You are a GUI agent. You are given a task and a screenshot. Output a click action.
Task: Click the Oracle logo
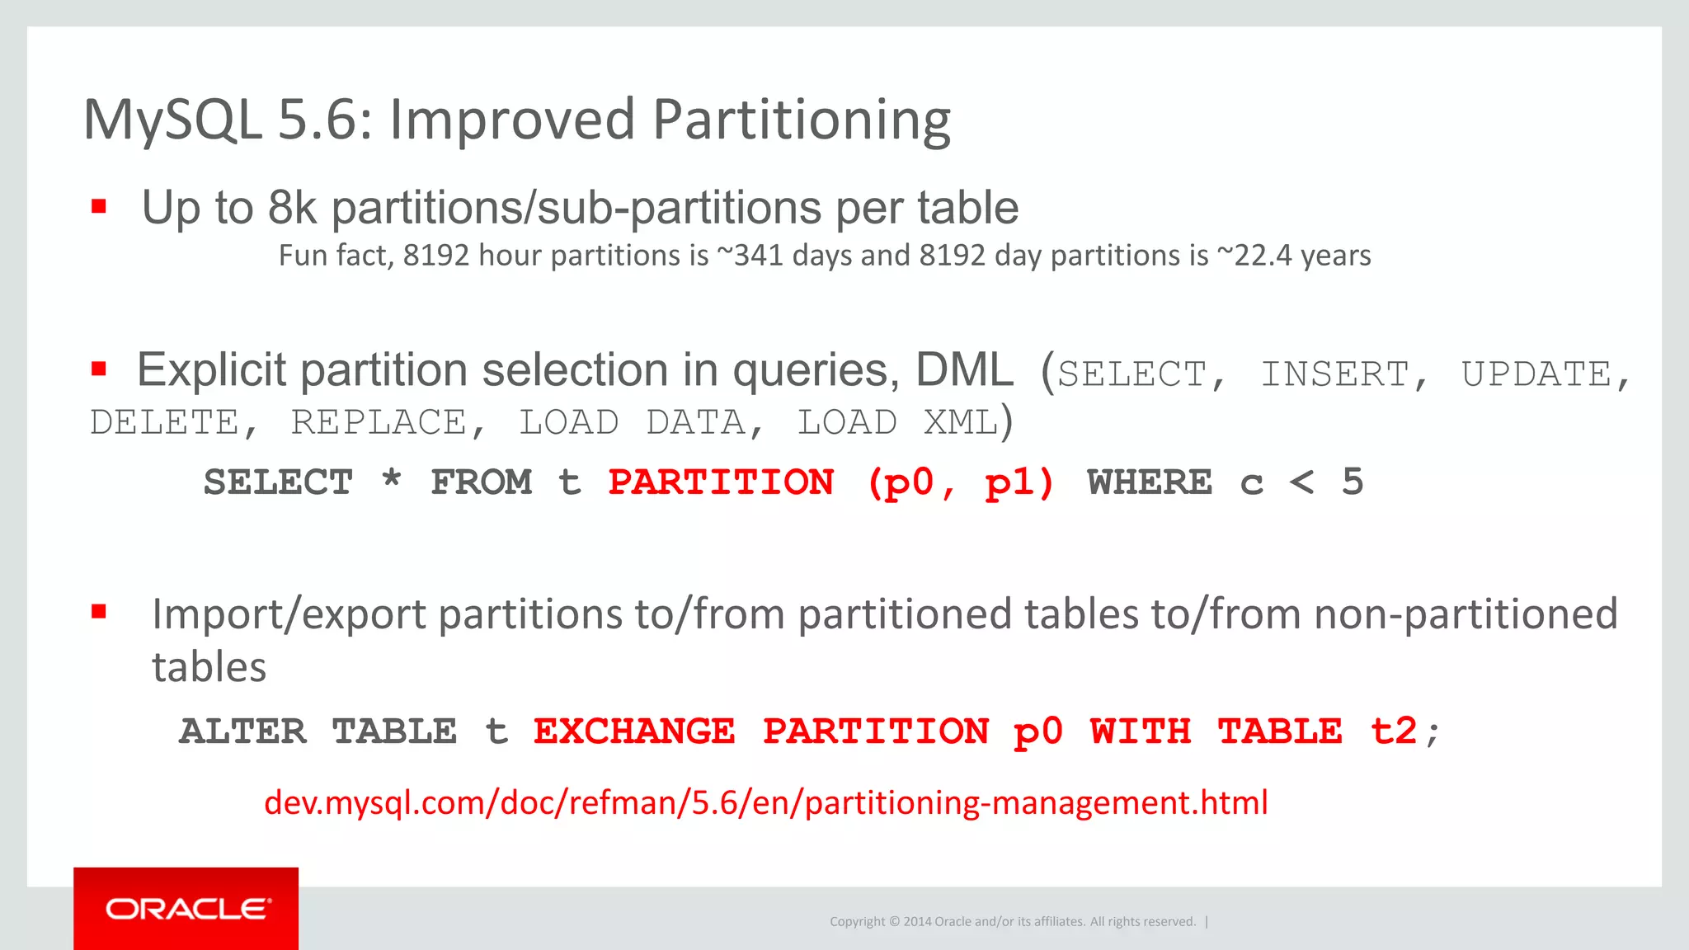186,909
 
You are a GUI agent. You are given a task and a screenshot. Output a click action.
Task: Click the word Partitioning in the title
802,120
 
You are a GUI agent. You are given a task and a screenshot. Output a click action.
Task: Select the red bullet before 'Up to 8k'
99,206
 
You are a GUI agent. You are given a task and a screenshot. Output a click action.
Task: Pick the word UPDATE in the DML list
1536,374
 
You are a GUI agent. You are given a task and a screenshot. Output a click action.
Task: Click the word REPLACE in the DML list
379,423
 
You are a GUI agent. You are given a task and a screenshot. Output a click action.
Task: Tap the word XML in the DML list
960,423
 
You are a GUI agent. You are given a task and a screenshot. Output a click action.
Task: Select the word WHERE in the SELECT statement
1150,482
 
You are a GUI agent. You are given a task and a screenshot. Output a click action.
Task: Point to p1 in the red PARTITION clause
1009,482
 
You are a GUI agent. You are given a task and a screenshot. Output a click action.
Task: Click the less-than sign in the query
1301,482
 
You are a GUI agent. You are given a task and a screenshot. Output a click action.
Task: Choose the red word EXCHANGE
633,731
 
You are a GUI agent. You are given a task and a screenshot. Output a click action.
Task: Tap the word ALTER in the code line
242,731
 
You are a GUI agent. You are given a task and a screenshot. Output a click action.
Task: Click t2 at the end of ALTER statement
1394,731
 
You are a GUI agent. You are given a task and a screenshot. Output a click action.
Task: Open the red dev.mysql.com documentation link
765,802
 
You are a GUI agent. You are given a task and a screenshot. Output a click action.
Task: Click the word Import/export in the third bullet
289,615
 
